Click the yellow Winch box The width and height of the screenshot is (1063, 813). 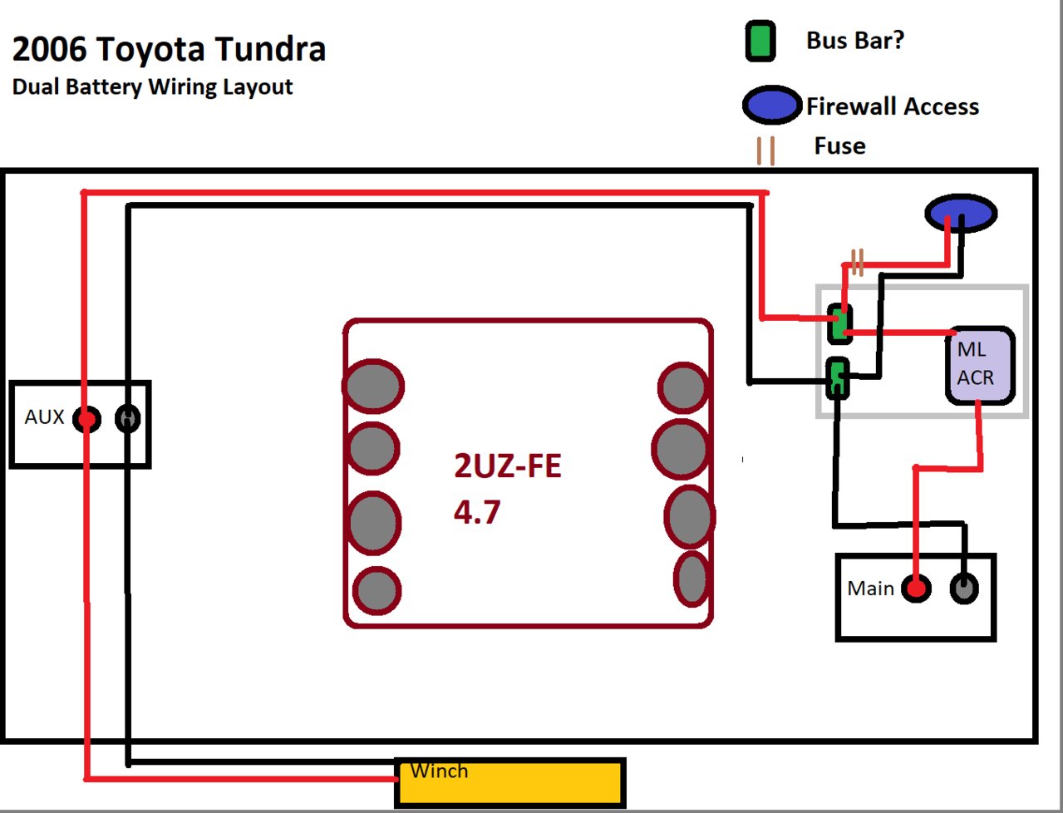click(x=509, y=782)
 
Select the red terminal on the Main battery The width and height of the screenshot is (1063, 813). click(x=916, y=589)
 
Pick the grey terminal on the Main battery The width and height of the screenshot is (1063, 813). click(x=964, y=589)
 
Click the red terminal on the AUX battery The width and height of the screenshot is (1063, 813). click(x=86, y=419)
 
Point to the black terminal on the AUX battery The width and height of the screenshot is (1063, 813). click(x=127, y=418)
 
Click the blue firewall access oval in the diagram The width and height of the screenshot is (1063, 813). click(x=961, y=214)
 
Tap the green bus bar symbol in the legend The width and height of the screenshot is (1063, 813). click(x=760, y=42)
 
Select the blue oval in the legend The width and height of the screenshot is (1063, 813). click(x=771, y=106)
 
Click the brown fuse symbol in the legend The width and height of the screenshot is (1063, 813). click(x=765, y=150)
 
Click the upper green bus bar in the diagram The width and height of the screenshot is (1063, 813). click(x=840, y=323)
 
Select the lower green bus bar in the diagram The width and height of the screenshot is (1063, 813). click(x=837, y=378)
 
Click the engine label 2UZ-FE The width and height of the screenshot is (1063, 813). click(x=507, y=466)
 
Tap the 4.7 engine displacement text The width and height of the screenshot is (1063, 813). click(x=477, y=512)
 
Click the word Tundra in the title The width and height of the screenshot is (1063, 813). click(x=270, y=50)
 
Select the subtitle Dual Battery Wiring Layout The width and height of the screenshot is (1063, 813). click(x=152, y=87)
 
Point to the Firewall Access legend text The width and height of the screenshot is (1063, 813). click(x=893, y=106)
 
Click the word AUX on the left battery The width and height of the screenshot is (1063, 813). click(x=44, y=417)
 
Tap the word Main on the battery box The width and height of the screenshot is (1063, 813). click(x=870, y=589)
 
